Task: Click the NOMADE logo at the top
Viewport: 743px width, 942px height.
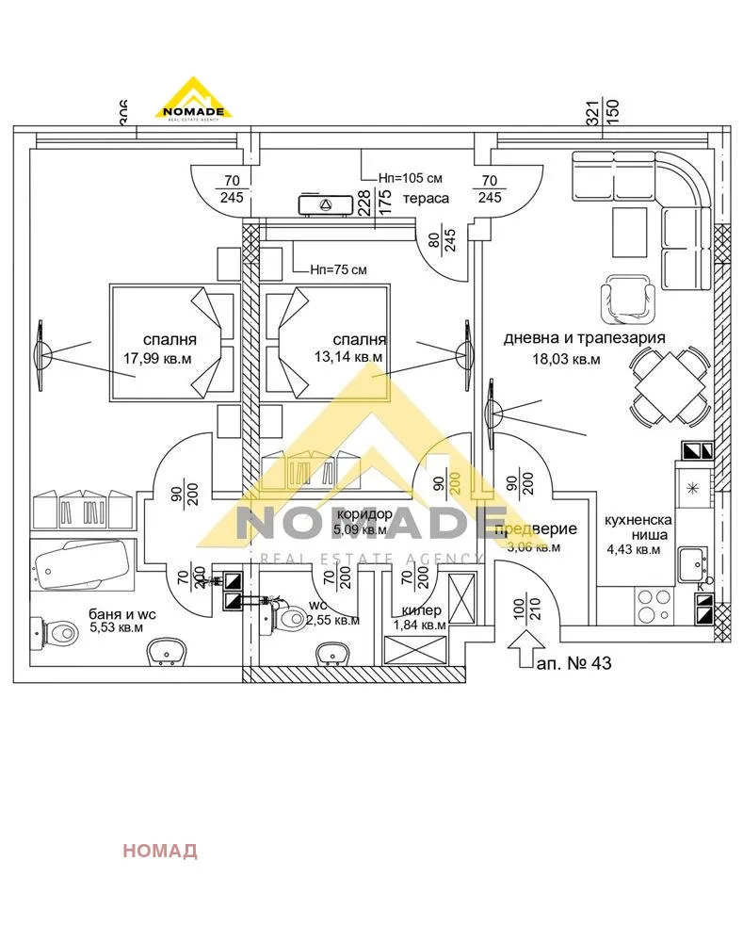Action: (193, 98)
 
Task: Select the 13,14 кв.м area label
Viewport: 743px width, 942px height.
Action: (348, 357)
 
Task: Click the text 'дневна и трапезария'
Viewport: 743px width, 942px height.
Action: (585, 337)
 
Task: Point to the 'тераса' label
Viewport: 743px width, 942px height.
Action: (425, 199)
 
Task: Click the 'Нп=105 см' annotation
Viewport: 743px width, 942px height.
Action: (410, 177)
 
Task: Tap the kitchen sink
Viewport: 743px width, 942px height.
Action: (693, 564)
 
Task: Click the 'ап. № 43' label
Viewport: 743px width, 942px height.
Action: (574, 663)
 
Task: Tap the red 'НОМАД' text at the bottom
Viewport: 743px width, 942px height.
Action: (160, 852)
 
